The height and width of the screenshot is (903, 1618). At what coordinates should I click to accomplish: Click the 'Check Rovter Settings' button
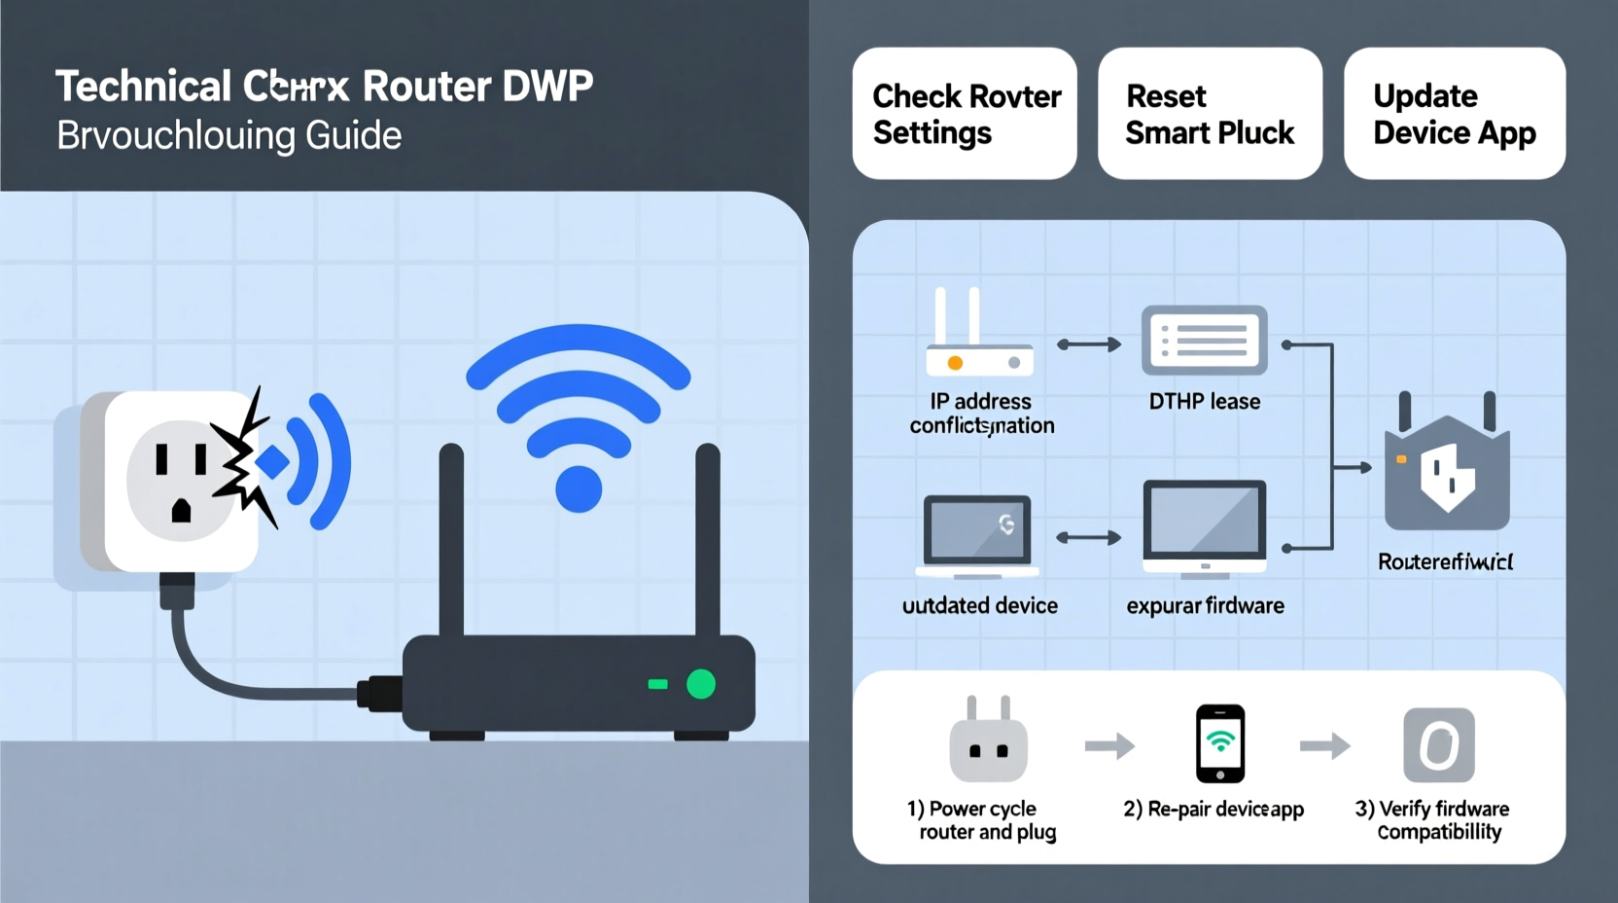(965, 114)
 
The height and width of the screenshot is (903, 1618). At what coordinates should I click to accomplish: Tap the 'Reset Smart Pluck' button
(1210, 114)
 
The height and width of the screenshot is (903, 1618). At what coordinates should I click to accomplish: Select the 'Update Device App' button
(1455, 114)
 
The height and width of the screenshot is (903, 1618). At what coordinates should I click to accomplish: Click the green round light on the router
(701, 684)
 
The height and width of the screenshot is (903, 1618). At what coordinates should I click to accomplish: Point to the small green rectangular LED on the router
(658, 684)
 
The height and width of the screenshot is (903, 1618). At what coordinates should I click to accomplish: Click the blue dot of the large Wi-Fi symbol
(579, 488)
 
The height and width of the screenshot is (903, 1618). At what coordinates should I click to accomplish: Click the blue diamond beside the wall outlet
(272, 462)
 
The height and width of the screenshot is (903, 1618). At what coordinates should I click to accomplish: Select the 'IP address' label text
(980, 401)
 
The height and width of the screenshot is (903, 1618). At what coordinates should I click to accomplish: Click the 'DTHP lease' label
(1204, 401)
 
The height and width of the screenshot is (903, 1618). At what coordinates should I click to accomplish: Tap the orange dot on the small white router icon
(955, 363)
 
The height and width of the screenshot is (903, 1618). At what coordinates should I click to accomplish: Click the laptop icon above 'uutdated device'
(977, 534)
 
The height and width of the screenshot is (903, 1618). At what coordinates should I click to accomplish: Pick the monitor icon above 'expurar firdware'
(1205, 526)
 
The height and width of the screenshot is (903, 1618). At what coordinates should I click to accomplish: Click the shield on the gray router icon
(1447, 477)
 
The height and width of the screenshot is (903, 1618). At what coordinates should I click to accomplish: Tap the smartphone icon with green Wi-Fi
(1220, 743)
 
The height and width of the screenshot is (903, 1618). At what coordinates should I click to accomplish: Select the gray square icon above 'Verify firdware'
(1439, 745)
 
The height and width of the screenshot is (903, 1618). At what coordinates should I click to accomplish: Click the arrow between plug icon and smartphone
(1109, 746)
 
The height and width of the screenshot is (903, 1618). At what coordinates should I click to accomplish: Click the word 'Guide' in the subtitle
(353, 135)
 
